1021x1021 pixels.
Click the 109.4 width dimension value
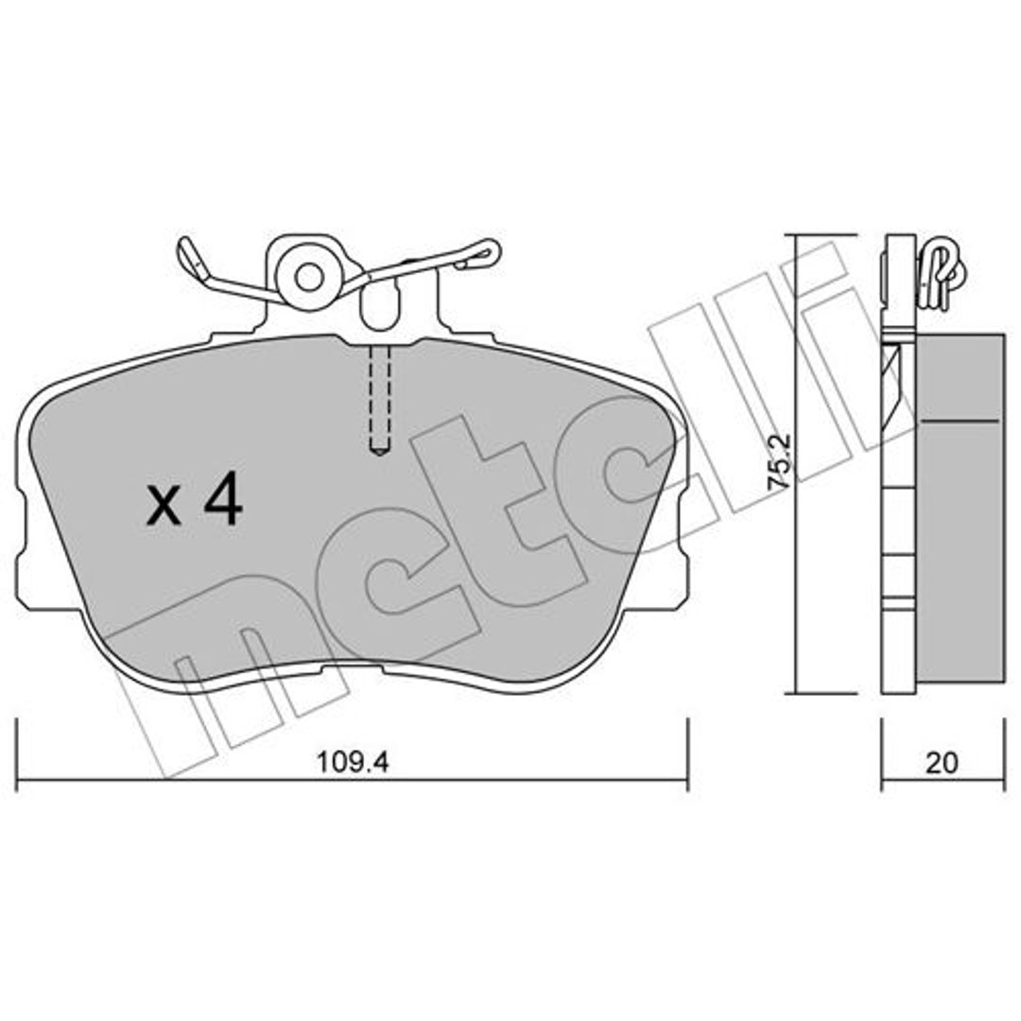click(353, 762)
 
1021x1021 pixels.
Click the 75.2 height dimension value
click(779, 462)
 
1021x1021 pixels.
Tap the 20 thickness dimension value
click(942, 763)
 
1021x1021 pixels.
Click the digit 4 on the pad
click(223, 500)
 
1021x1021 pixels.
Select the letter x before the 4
click(164, 508)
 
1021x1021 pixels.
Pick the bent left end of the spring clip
click(192, 259)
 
